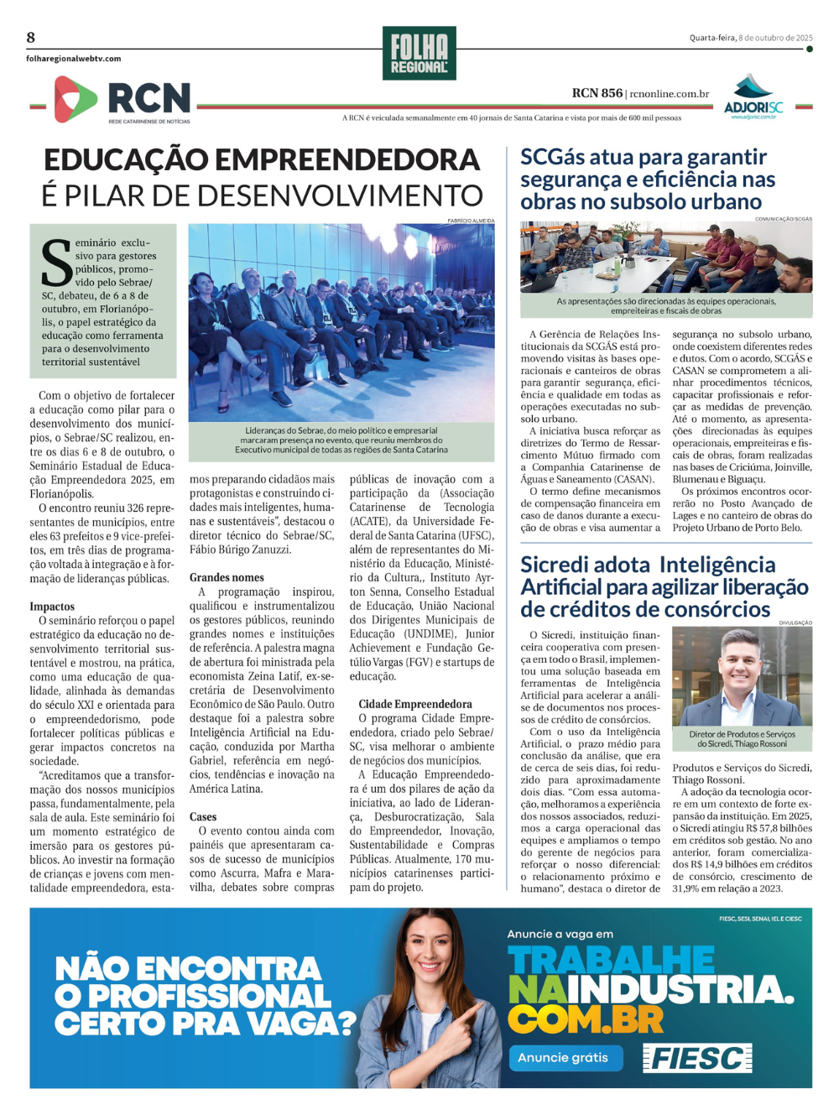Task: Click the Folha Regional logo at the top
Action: pyautogui.click(x=419, y=54)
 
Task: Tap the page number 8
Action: pyautogui.click(x=31, y=38)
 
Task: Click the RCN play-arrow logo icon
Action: pyautogui.click(x=75, y=99)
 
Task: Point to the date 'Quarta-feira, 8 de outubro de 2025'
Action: pyautogui.click(x=751, y=38)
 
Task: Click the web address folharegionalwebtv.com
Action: pyautogui.click(x=74, y=59)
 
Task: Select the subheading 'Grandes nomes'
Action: pyautogui.click(x=227, y=577)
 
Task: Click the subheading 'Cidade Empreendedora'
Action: pyautogui.click(x=415, y=704)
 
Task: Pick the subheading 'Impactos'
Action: pyautogui.click(x=52, y=606)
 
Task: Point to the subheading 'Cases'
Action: pyautogui.click(x=203, y=816)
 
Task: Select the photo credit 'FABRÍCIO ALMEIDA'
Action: pyautogui.click(x=471, y=221)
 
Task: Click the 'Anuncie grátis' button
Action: pyautogui.click(x=562, y=1057)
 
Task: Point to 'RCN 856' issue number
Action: pyautogui.click(x=597, y=93)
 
